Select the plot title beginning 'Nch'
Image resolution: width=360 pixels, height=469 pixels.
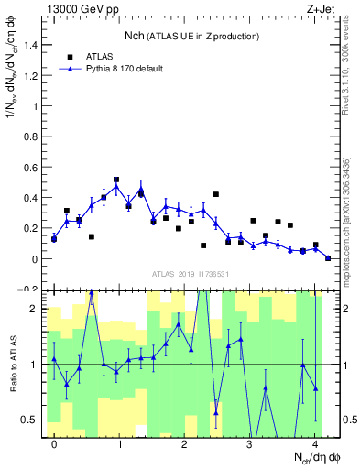click(x=191, y=36)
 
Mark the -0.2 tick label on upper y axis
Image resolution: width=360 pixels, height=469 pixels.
click(x=32, y=289)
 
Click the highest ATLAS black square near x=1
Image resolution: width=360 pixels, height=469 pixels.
click(x=116, y=180)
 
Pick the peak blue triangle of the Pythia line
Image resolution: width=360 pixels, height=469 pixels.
click(x=116, y=186)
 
